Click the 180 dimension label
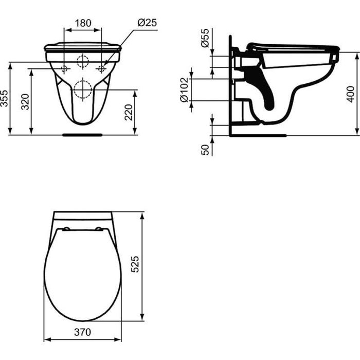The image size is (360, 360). tap(83, 23)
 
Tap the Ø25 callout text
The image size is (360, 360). tap(147, 23)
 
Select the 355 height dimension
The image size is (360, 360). tap(4, 99)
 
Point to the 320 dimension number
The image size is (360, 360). tap(25, 102)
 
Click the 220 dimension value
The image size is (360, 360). tap(129, 112)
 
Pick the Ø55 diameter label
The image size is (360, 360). tap(205, 38)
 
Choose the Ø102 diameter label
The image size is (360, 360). tap(184, 90)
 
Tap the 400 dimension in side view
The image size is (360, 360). tap(351, 94)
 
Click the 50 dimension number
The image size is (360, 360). tap(205, 150)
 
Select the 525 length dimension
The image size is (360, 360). tap(135, 264)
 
